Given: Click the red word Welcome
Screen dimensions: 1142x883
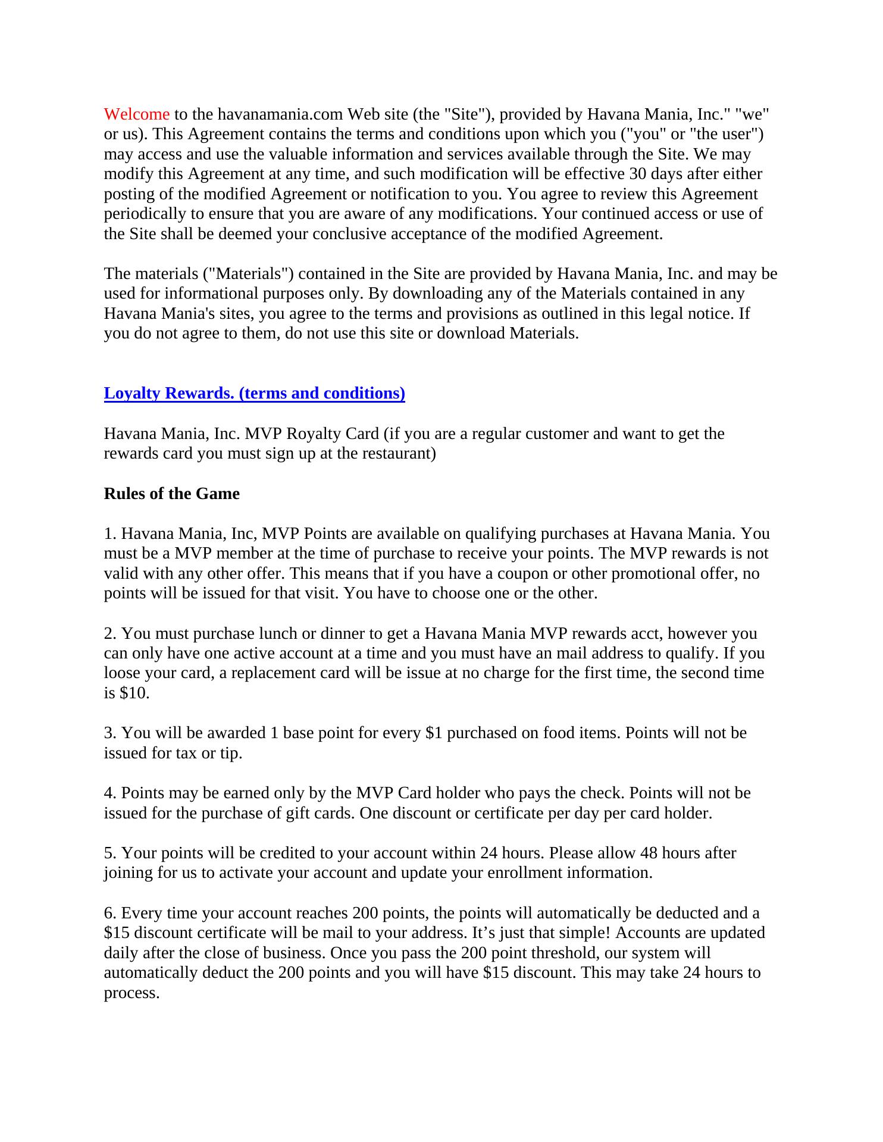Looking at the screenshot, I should pos(137,114).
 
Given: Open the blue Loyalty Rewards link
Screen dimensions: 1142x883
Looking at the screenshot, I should pos(254,393).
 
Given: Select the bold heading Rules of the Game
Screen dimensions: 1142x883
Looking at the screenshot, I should pos(171,494).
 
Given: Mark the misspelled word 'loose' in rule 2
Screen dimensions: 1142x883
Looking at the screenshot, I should pos(121,673).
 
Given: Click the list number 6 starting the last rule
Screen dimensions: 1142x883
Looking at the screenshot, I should pos(109,913).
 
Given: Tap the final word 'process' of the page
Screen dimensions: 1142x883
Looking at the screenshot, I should pos(130,993).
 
